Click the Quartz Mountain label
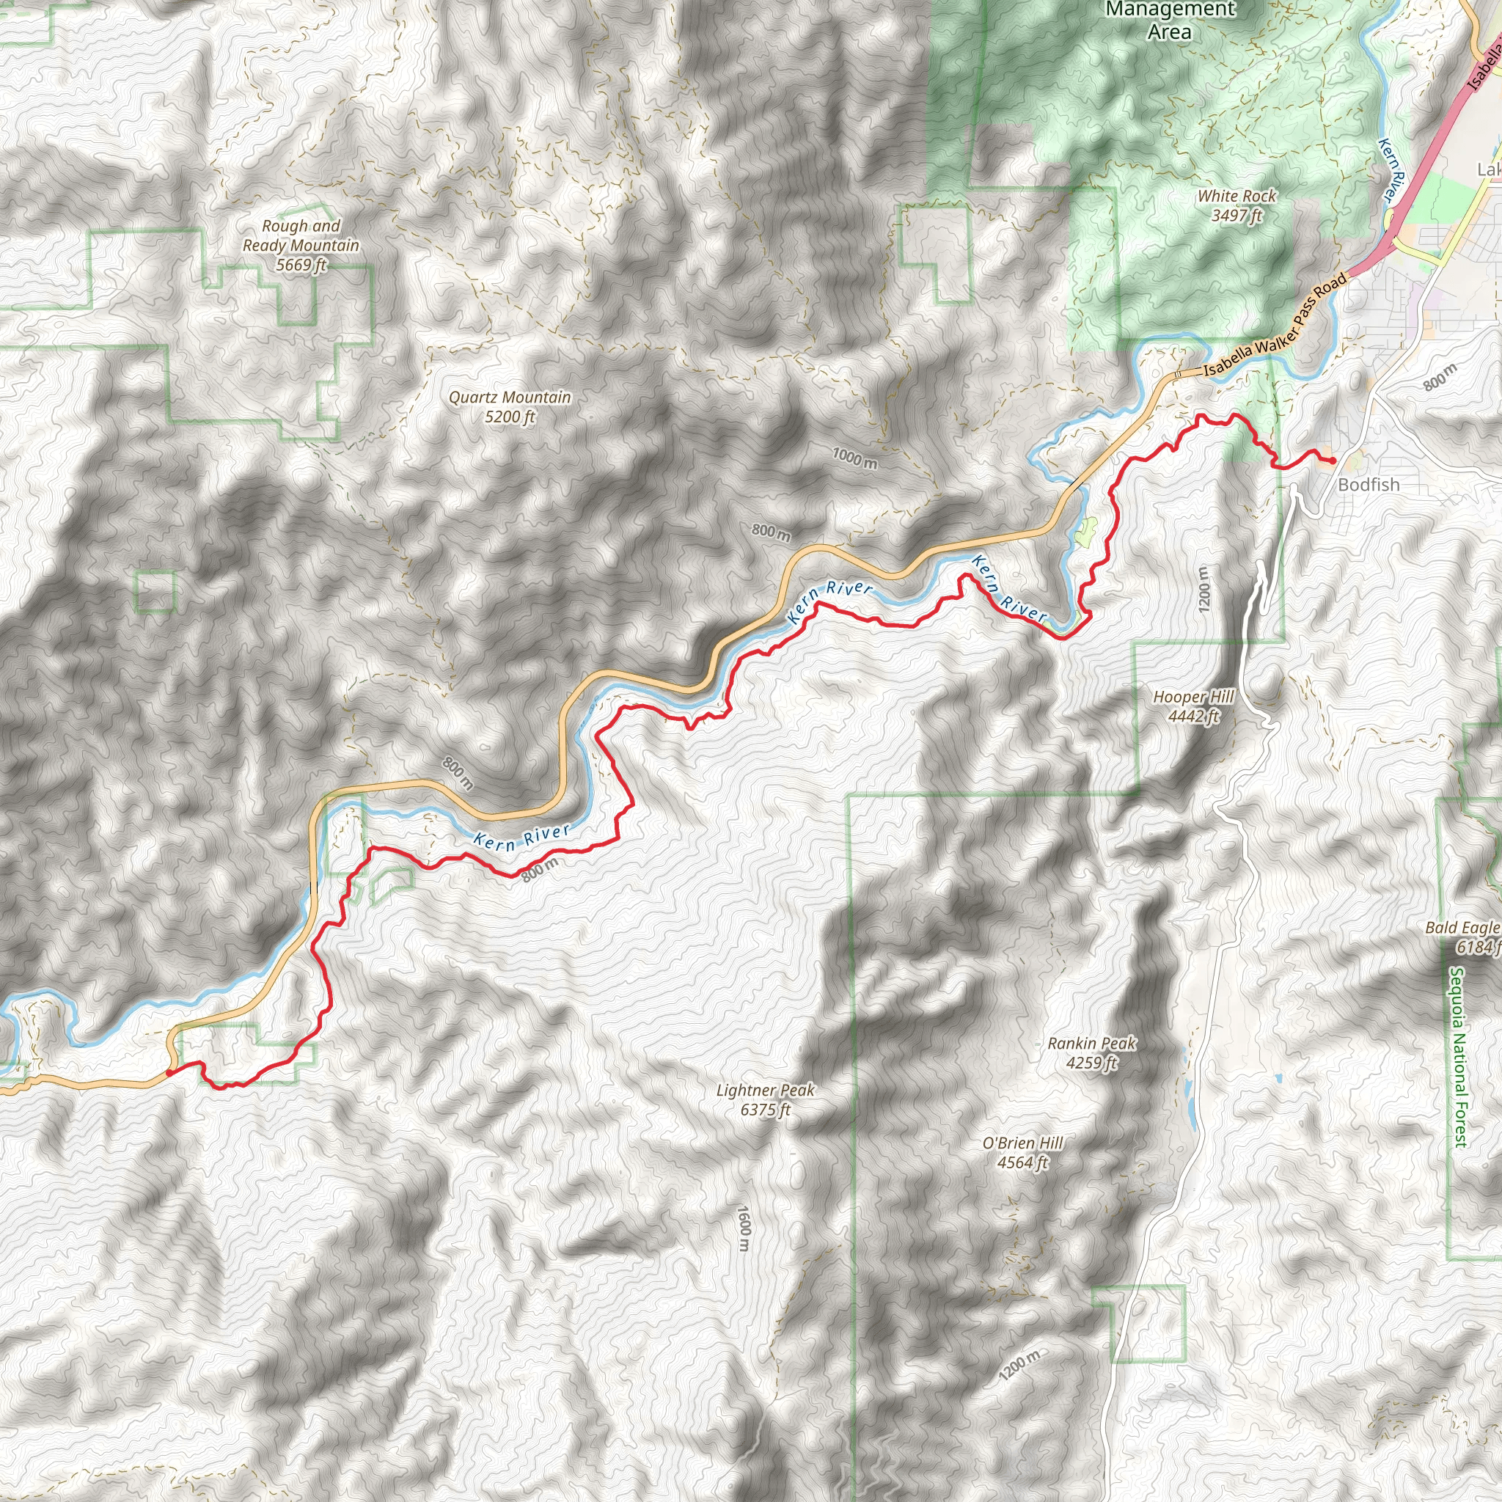coord(510,406)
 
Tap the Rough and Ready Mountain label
coord(301,245)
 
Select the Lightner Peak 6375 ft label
coord(765,1099)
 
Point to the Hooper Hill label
coord(1193,706)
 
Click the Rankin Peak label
coord(1091,1052)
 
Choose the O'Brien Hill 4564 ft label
coord(1022,1152)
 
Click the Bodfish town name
coord(1369,484)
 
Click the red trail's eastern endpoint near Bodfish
coord(1333,461)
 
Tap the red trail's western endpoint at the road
coord(169,1073)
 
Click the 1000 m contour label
coord(854,458)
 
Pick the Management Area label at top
coord(1169,21)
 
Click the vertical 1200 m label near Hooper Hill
coord(1204,590)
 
